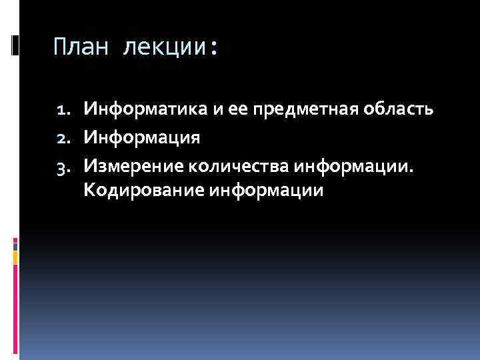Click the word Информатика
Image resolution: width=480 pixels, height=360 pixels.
click(137, 109)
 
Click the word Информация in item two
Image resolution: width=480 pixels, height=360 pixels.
click(141, 137)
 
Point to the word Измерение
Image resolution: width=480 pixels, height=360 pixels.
click(130, 165)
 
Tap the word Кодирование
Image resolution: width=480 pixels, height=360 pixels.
click(143, 191)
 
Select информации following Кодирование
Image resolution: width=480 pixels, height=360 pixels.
click(266, 191)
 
